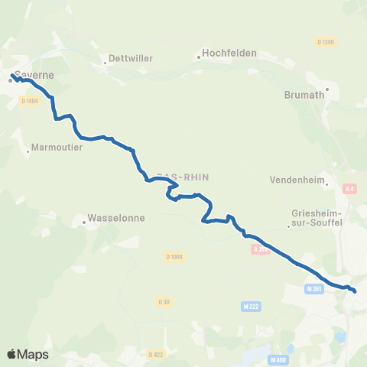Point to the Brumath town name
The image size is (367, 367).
tap(305, 96)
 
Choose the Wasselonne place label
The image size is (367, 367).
tap(117, 217)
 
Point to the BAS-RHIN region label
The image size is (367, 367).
tap(183, 176)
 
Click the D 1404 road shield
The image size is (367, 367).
tap(30, 100)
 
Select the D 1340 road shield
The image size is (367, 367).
tap(325, 41)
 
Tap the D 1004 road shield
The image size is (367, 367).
tap(175, 257)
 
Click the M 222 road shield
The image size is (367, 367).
tap(250, 307)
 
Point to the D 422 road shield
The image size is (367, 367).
tap(157, 354)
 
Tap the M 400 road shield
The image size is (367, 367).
tap(278, 359)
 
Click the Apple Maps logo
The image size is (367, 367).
tap(28, 354)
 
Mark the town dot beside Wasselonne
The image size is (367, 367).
tap(84, 222)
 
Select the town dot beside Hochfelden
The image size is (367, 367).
tap(197, 57)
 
